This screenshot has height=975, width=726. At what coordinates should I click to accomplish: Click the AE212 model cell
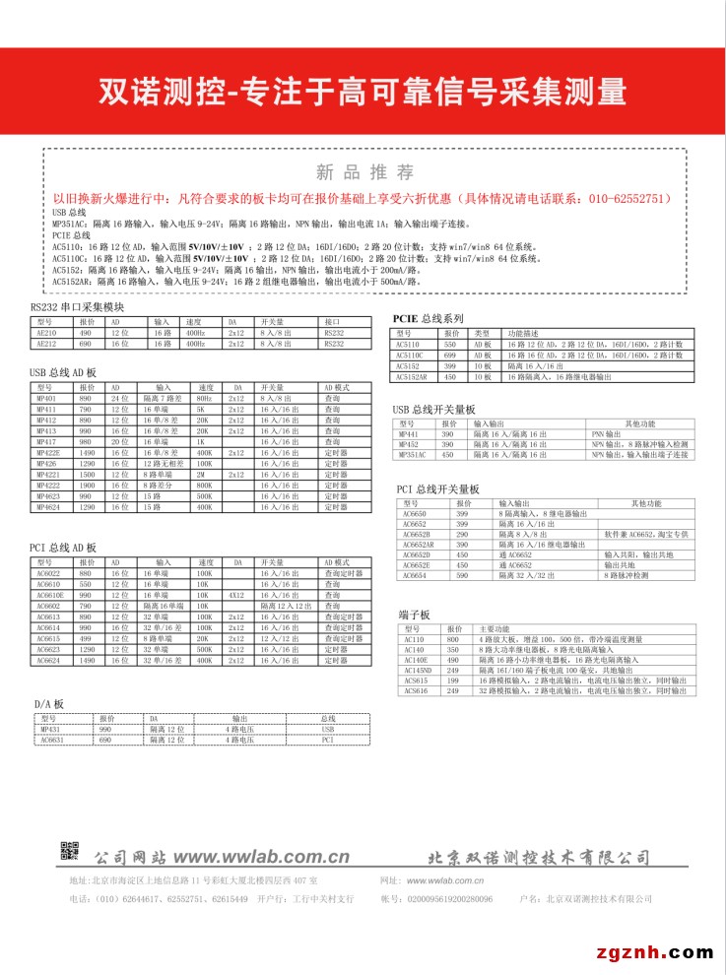[47, 345]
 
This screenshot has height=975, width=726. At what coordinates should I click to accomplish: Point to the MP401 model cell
[46, 397]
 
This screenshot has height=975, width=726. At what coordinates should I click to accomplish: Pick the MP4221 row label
[48, 474]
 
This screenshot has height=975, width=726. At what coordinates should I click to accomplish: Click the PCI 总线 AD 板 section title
[63, 548]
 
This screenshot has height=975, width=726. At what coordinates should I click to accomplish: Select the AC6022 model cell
[48, 572]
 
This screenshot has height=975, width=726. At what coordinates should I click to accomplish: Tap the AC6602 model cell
[48, 606]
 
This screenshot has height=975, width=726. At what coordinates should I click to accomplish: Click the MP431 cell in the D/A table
[50, 730]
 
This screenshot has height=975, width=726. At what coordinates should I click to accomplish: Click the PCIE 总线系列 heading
[428, 319]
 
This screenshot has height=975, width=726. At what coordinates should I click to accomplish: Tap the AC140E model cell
[414, 659]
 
